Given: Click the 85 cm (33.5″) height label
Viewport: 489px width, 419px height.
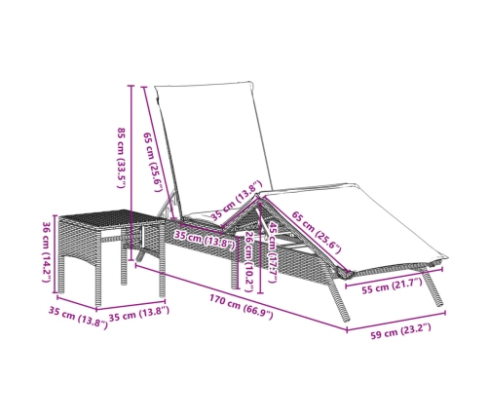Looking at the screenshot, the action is click(121, 158).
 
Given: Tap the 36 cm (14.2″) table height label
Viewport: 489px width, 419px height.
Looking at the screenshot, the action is click(47, 252).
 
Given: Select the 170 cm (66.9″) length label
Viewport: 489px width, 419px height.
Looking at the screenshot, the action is click(241, 307).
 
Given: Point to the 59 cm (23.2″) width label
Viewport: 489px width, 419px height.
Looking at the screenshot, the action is click(401, 331).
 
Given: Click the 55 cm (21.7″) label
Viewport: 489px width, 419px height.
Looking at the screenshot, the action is click(392, 286).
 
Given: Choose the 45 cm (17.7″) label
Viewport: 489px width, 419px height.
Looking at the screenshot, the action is click(273, 251).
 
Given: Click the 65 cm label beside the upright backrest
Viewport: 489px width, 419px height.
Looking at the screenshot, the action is click(152, 162).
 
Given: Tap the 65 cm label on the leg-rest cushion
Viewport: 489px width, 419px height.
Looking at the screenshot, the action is click(317, 232).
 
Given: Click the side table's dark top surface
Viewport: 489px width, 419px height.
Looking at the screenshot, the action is click(111, 217).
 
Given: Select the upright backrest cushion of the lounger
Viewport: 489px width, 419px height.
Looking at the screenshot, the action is click(212, 148).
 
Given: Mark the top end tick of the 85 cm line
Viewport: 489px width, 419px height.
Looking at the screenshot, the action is click(131, 86).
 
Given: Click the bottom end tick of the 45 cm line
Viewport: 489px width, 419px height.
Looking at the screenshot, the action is click(260, 293).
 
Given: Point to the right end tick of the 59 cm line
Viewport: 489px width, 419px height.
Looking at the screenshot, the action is click(445, 313).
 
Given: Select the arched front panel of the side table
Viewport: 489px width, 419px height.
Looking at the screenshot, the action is click(79, 241).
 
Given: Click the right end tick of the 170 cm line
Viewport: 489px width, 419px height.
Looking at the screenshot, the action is click(347, 330).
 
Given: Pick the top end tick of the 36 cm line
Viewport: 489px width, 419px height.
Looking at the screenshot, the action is click(56, 215).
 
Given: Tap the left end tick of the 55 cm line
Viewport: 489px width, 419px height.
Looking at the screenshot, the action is click(346, 286).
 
